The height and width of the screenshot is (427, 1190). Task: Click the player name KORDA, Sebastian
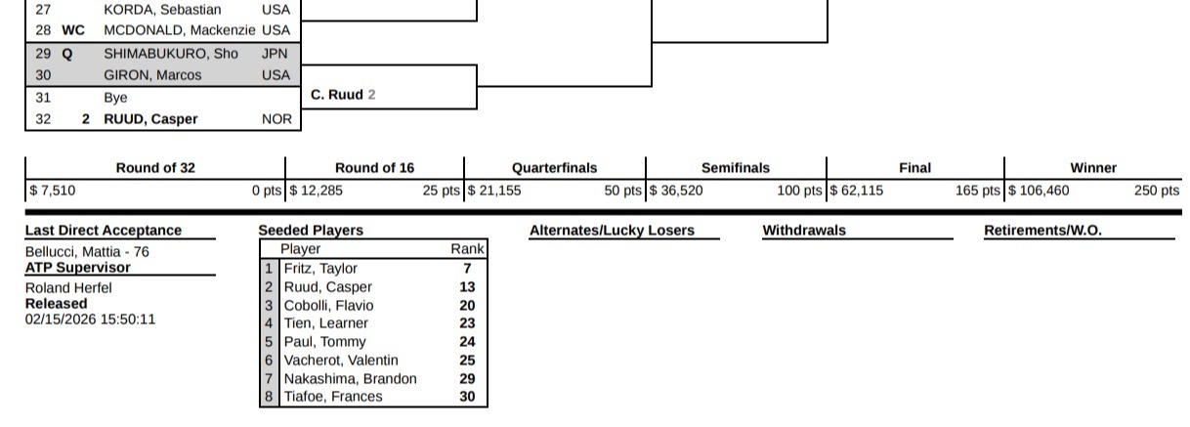click(162, 9)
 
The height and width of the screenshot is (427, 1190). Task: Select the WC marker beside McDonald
click(73, 30)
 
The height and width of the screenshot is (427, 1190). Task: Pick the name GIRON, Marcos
click(152, 75)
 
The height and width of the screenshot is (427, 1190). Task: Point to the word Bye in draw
click(115, 98)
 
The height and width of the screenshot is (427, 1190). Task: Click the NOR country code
click(276, 119)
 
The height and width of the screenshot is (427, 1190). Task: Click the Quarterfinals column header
click(554, 168)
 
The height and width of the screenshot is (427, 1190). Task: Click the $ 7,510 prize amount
click(53, 191)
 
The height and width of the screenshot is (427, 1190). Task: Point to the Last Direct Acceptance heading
click(103, 231)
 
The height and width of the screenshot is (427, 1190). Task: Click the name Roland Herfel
click(68, 287)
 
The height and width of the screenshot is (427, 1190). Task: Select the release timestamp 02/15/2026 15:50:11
click(90, 319)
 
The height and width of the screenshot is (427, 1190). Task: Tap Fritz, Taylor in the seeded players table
click(320, 269)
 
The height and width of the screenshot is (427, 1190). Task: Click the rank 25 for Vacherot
click(467, 361)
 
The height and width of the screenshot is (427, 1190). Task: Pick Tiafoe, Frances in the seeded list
click(333, 397)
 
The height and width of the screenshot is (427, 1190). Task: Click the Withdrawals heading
click(804, 231)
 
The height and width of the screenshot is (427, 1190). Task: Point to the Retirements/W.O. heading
click(1042, 231)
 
